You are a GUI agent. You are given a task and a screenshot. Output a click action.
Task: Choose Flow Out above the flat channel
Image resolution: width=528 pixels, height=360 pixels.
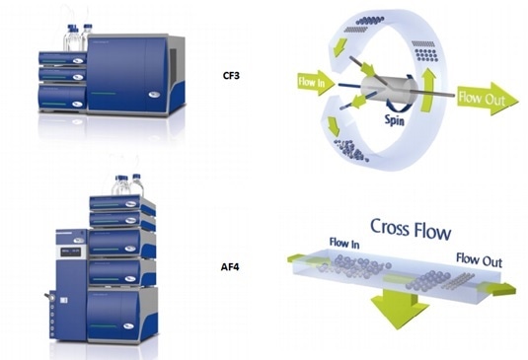coord(480,259)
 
